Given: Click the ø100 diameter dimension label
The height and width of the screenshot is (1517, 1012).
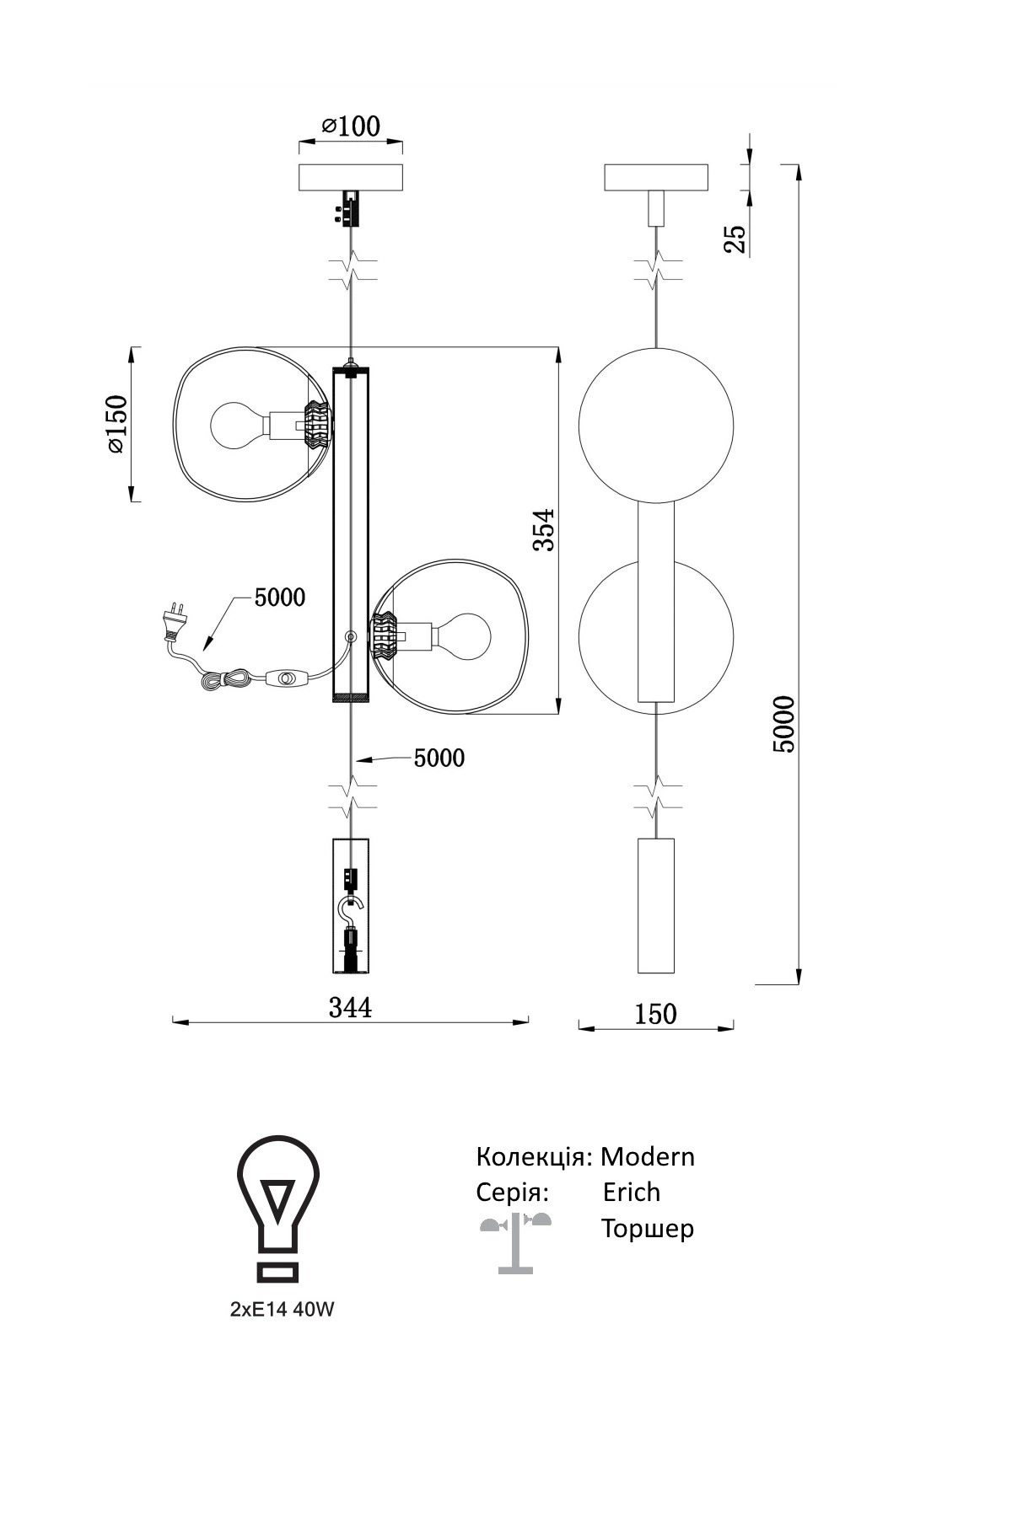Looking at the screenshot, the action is click(x=351, y=126).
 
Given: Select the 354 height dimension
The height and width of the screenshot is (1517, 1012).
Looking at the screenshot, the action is click(x=545, y=529).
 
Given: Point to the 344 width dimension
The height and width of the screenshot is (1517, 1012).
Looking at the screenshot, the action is click(x=350, y=1006).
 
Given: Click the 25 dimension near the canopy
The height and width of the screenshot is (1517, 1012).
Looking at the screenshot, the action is click(x=736, y=239).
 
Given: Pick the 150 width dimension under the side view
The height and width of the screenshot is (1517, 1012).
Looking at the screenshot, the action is click(x=655, y=1013).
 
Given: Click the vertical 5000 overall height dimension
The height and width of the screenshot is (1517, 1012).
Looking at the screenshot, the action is click(x=783, y=724).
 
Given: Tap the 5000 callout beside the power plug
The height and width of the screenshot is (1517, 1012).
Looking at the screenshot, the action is click(x=280, y=598).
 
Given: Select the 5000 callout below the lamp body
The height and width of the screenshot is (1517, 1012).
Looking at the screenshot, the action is click(x=439, y=758).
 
